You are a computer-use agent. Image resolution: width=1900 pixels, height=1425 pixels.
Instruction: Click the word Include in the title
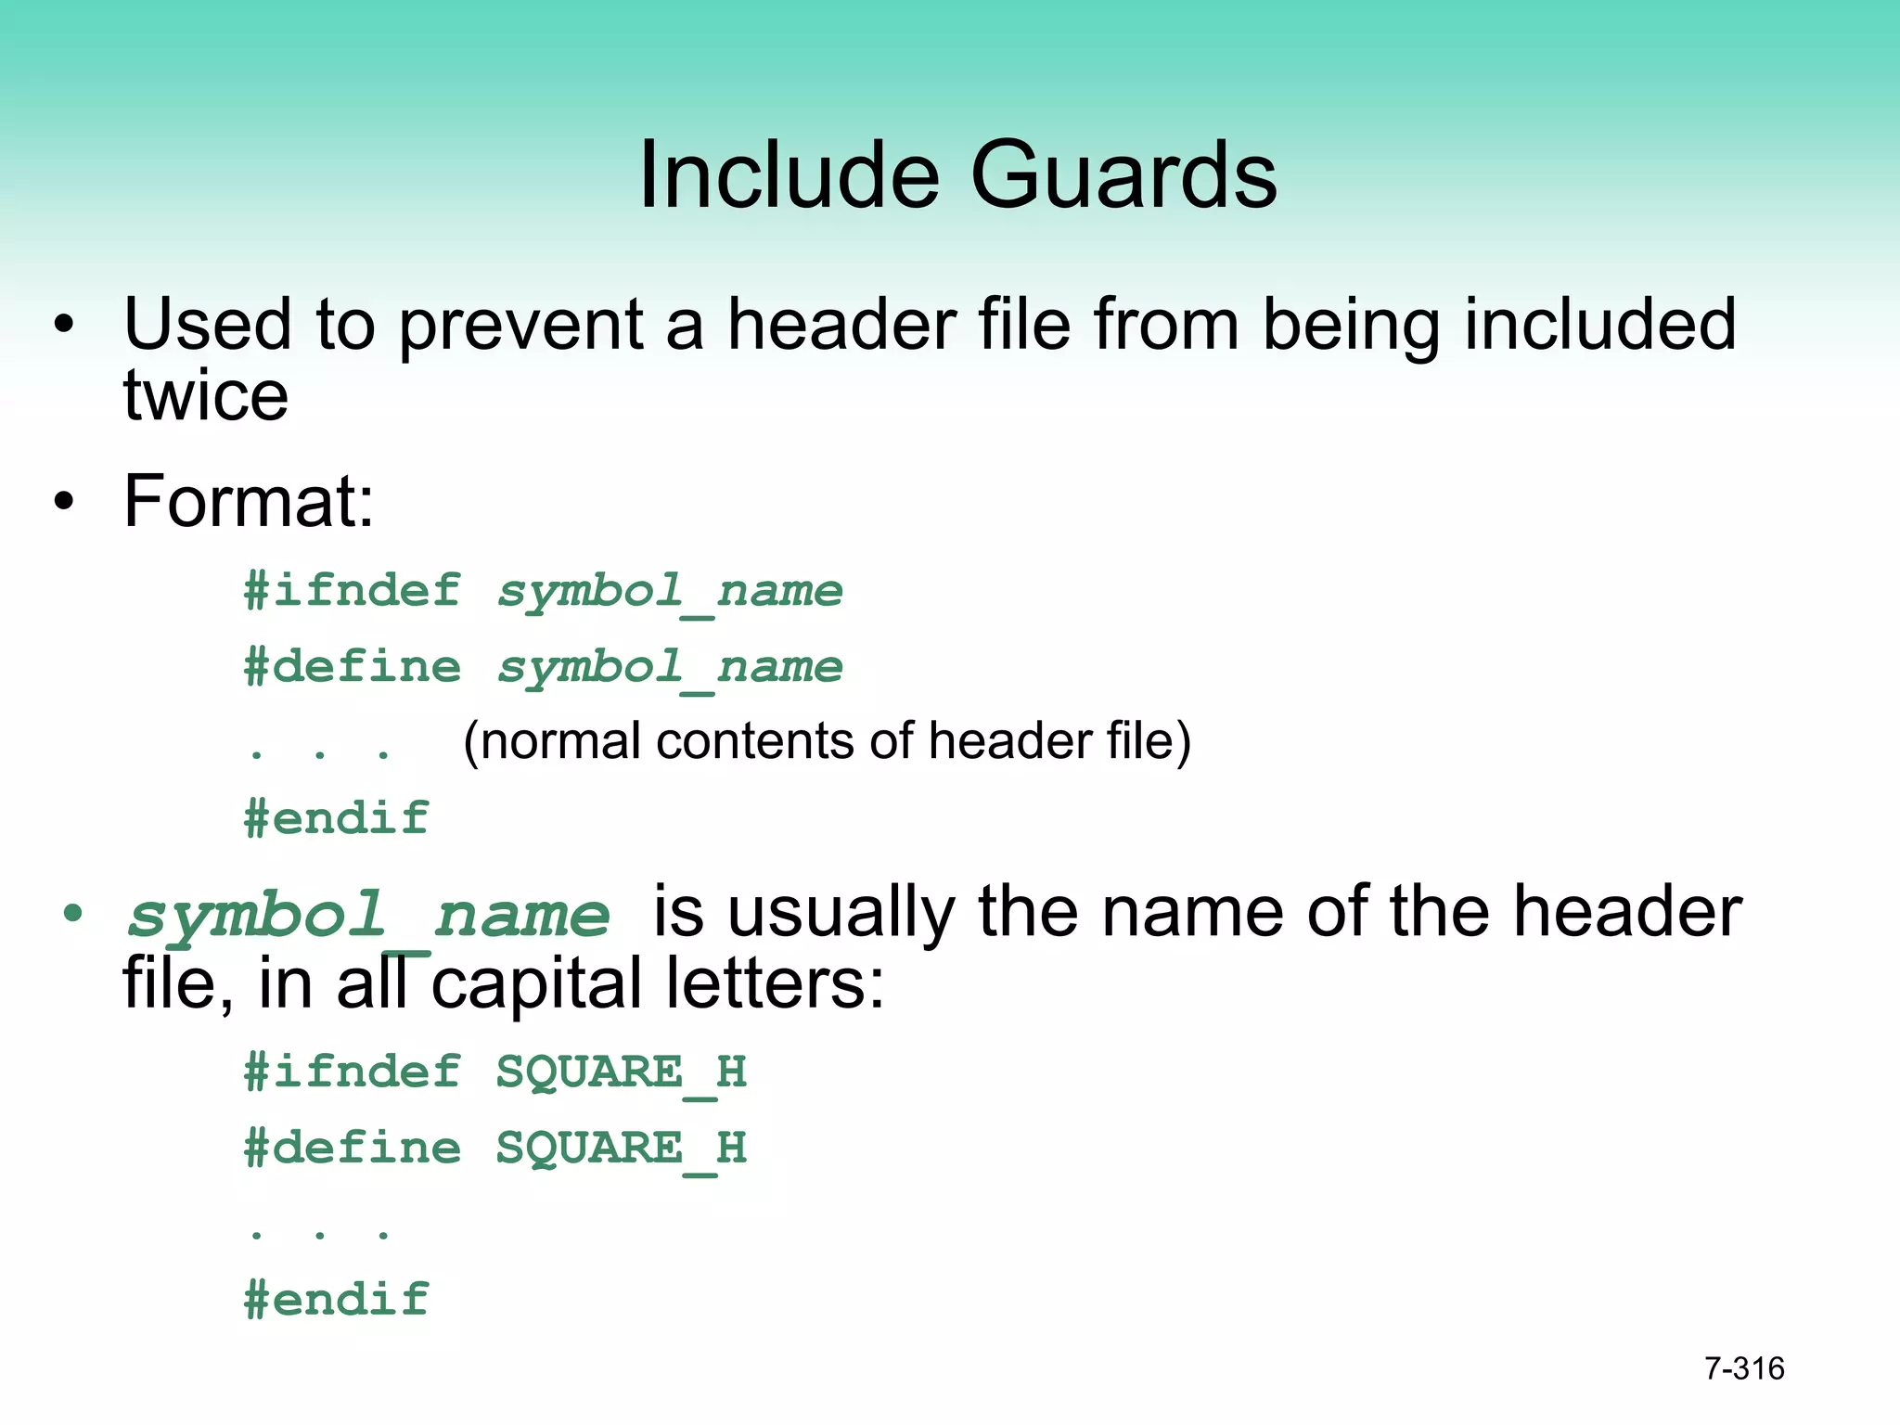coord(789,174)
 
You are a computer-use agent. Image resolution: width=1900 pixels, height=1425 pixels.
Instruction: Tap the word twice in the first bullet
coord(206,396)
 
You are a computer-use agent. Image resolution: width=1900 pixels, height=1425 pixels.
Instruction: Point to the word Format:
coord(249,501)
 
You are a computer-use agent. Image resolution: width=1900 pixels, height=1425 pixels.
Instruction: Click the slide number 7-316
coord(1744,1368)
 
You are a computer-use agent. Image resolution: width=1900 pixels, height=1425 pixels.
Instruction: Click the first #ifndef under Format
coord(352,591)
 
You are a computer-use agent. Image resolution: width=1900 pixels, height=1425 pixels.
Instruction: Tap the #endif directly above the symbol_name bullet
coord(336,818)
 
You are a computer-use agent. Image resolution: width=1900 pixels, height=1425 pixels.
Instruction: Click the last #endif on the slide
coord(336,1300)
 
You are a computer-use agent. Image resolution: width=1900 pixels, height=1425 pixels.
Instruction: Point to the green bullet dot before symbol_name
coord(72,914)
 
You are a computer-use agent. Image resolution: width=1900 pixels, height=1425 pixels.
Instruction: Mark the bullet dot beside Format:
coord(63,502)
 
